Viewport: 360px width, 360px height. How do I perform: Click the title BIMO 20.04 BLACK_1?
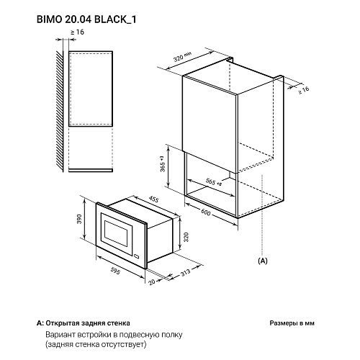pos(86,19)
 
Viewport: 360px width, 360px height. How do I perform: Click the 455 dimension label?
pos(153,199)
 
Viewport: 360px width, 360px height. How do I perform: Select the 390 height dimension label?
pos(79,219)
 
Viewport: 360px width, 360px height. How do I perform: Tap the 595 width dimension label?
pos(115,271)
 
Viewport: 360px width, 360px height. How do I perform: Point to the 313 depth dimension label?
pos(186,272)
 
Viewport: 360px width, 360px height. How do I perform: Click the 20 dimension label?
pos(152,282)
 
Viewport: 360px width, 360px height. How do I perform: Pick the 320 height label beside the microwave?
pos(186,237)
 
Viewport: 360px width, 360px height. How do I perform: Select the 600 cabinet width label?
pos(206,212)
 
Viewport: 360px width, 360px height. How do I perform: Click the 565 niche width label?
pos(213,182)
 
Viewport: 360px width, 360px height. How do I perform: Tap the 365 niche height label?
pos(163,164)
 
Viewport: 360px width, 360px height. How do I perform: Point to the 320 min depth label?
pos(182,57)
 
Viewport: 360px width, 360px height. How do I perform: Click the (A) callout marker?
pos(262,261)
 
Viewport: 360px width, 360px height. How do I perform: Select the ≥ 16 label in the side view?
pos(77,32)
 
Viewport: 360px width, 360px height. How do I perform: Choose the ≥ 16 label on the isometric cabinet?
pos(303,90)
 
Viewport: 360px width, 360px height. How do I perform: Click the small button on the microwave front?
pos(137,256)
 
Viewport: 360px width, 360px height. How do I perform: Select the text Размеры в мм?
pos(292,323)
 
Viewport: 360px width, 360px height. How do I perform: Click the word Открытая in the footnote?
pos(63,323)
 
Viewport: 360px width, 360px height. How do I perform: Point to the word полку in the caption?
pos(172,335)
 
